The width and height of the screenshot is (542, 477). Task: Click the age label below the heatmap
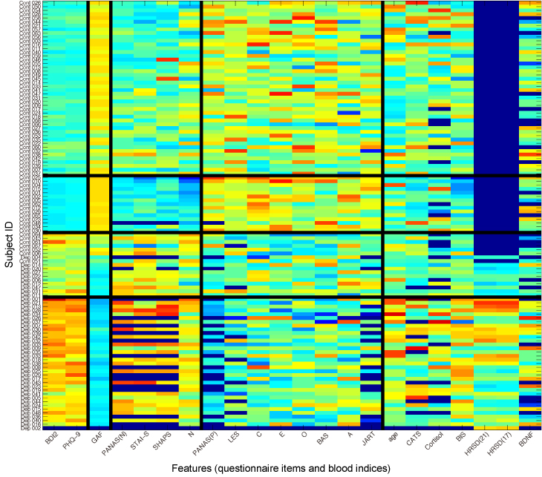point(391,440)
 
